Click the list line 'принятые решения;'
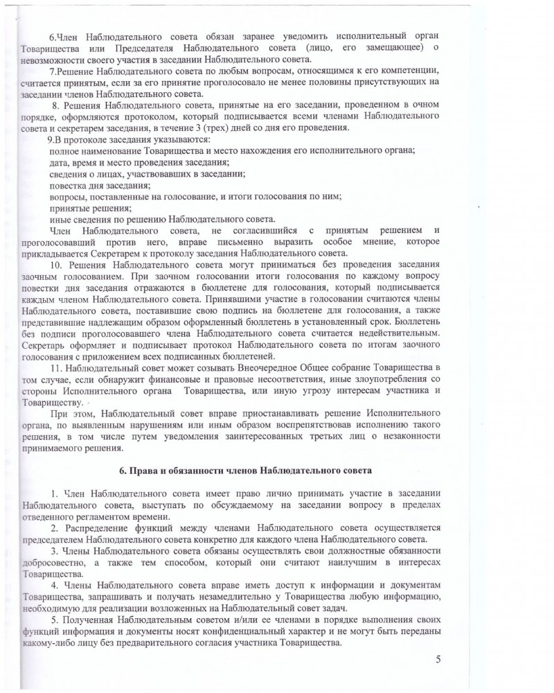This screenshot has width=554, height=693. pyautogui.click(x=90, y=207)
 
